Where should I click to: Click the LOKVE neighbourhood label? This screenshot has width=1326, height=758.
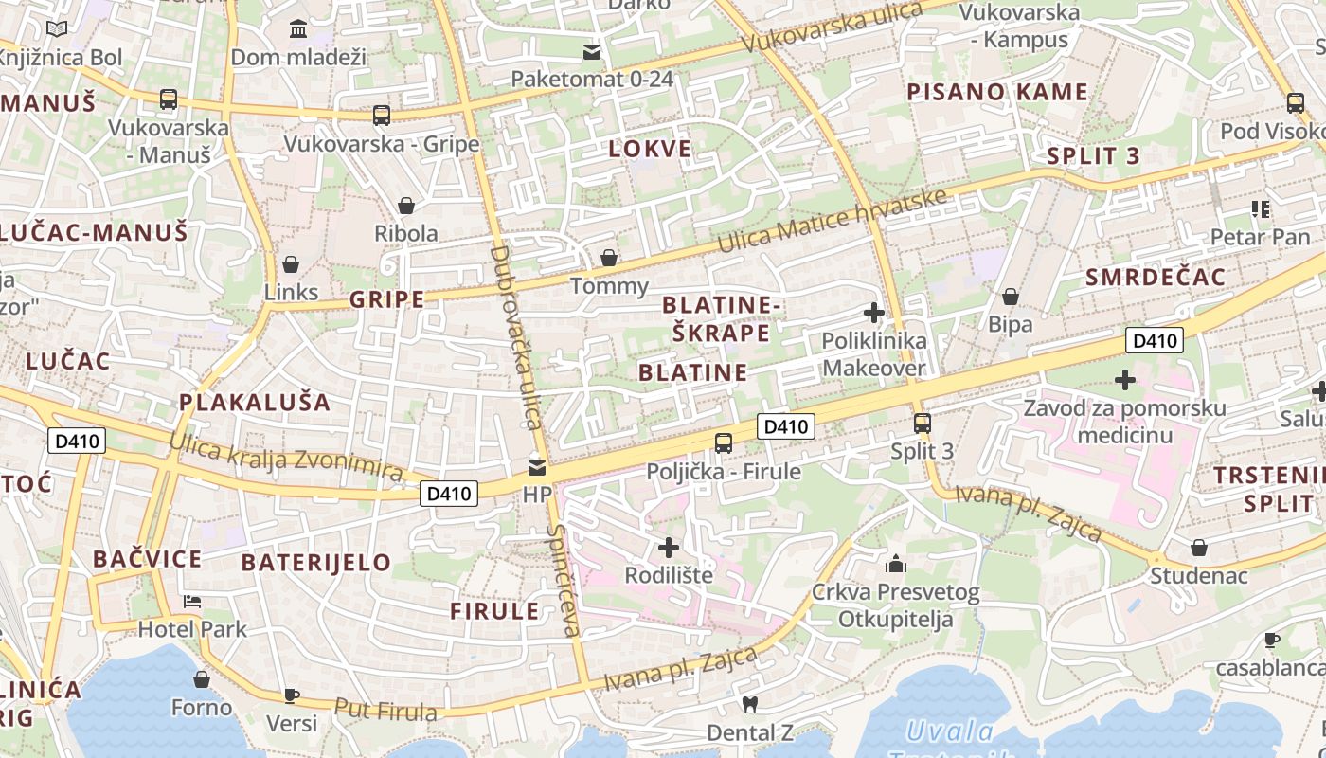pyautogui.click(x=650, y=149)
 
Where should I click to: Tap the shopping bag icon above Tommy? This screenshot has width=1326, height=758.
pyautogui.click(x=609, y=258)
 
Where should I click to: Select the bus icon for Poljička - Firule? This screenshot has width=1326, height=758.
pyautogui.click(x=724, y=442)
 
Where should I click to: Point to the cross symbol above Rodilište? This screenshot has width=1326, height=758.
pyautogui.click(x=669, y=547)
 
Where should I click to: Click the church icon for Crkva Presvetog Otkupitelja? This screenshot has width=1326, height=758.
pyautogui.click(x=896, y=565)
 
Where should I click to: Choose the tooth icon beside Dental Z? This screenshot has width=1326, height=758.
pyautogui.click(x=750, y=704)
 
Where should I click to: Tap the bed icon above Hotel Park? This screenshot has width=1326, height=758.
pyautogui.click(x=192, y=601)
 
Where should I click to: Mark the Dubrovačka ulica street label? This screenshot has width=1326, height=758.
pyautogui.click(x=514, y=337)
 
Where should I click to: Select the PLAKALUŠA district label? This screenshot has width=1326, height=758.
pyautogui.click(x=255, y=402)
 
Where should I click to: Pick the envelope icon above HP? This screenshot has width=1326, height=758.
pyautogui.click(x=537, y=467)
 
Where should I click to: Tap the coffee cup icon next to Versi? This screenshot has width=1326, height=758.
pyautogui.click(x=292, y=695)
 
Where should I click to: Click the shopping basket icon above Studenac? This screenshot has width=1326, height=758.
pyautogui.click(x=1199, y=548)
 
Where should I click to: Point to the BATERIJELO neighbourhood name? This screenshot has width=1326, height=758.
pyautogui.click(x=315, y=562)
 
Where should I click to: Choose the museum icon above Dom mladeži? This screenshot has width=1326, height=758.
pyautogui.click(x=298, y=29)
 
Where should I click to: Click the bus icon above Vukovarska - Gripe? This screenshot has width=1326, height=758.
pyautogui.click(x=382, y=116)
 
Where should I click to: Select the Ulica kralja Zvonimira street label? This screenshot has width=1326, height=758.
pyautogui.click(x=286, y=459)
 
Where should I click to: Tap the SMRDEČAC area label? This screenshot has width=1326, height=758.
pyautogui.click(x=1156, y=277)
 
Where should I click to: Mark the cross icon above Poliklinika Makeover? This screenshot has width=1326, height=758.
pyautogui.click(x=874, y=312)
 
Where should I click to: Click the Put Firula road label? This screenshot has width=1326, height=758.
pyautogui.click(x=385, y=710)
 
